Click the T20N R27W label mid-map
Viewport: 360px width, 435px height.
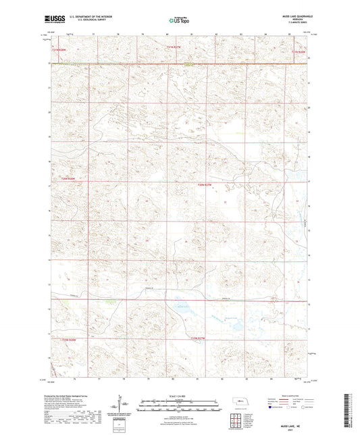205,184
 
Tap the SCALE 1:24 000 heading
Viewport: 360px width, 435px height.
180,395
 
